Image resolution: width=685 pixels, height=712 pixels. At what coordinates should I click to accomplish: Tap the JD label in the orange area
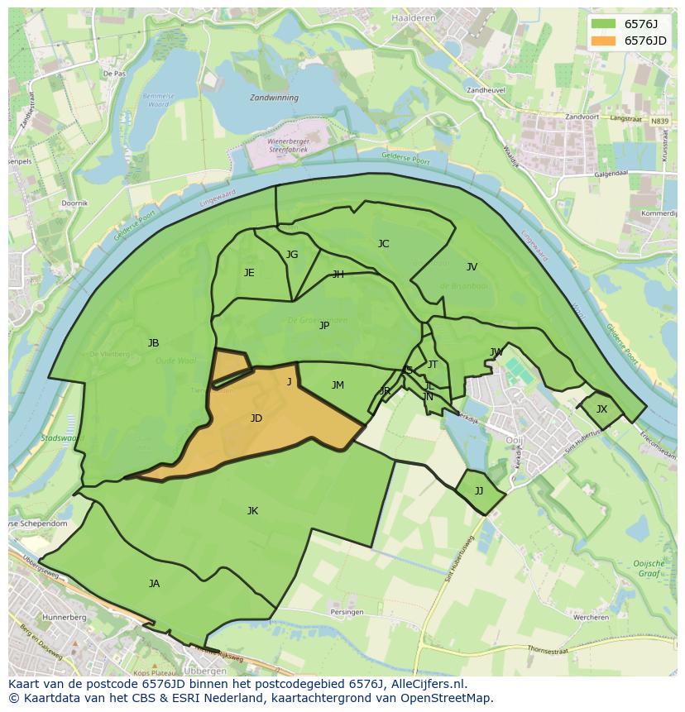(256, 418)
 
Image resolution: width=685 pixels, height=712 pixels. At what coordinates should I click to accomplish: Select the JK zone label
(252, 511)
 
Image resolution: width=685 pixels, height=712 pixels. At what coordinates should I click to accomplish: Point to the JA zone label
(154, 584)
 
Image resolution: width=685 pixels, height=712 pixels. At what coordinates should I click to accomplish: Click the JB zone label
(153, 343)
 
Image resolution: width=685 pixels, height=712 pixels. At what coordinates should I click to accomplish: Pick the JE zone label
(249, 273)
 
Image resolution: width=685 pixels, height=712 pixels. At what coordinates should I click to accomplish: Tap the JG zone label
(292, 255)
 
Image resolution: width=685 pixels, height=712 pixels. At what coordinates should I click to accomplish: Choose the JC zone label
(383, 244)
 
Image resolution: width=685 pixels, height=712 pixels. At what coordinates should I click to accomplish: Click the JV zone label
(472, 267)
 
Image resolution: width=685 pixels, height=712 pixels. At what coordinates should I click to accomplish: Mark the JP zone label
(324, 326)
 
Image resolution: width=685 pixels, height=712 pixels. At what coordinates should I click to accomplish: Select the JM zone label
(338, 385)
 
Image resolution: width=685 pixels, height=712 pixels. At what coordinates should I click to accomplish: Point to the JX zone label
(601, 409)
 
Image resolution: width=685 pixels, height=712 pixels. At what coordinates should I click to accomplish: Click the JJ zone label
(479, 491)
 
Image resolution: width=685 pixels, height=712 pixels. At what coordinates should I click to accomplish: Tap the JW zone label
(496, 352)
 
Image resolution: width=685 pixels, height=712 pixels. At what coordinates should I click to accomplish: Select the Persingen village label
(347, 612)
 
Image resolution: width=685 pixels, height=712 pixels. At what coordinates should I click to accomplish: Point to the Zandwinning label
(274, 97)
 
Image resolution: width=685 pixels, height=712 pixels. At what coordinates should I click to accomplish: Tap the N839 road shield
(659, 122)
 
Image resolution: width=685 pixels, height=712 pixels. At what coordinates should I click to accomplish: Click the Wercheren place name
(592, 617)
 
